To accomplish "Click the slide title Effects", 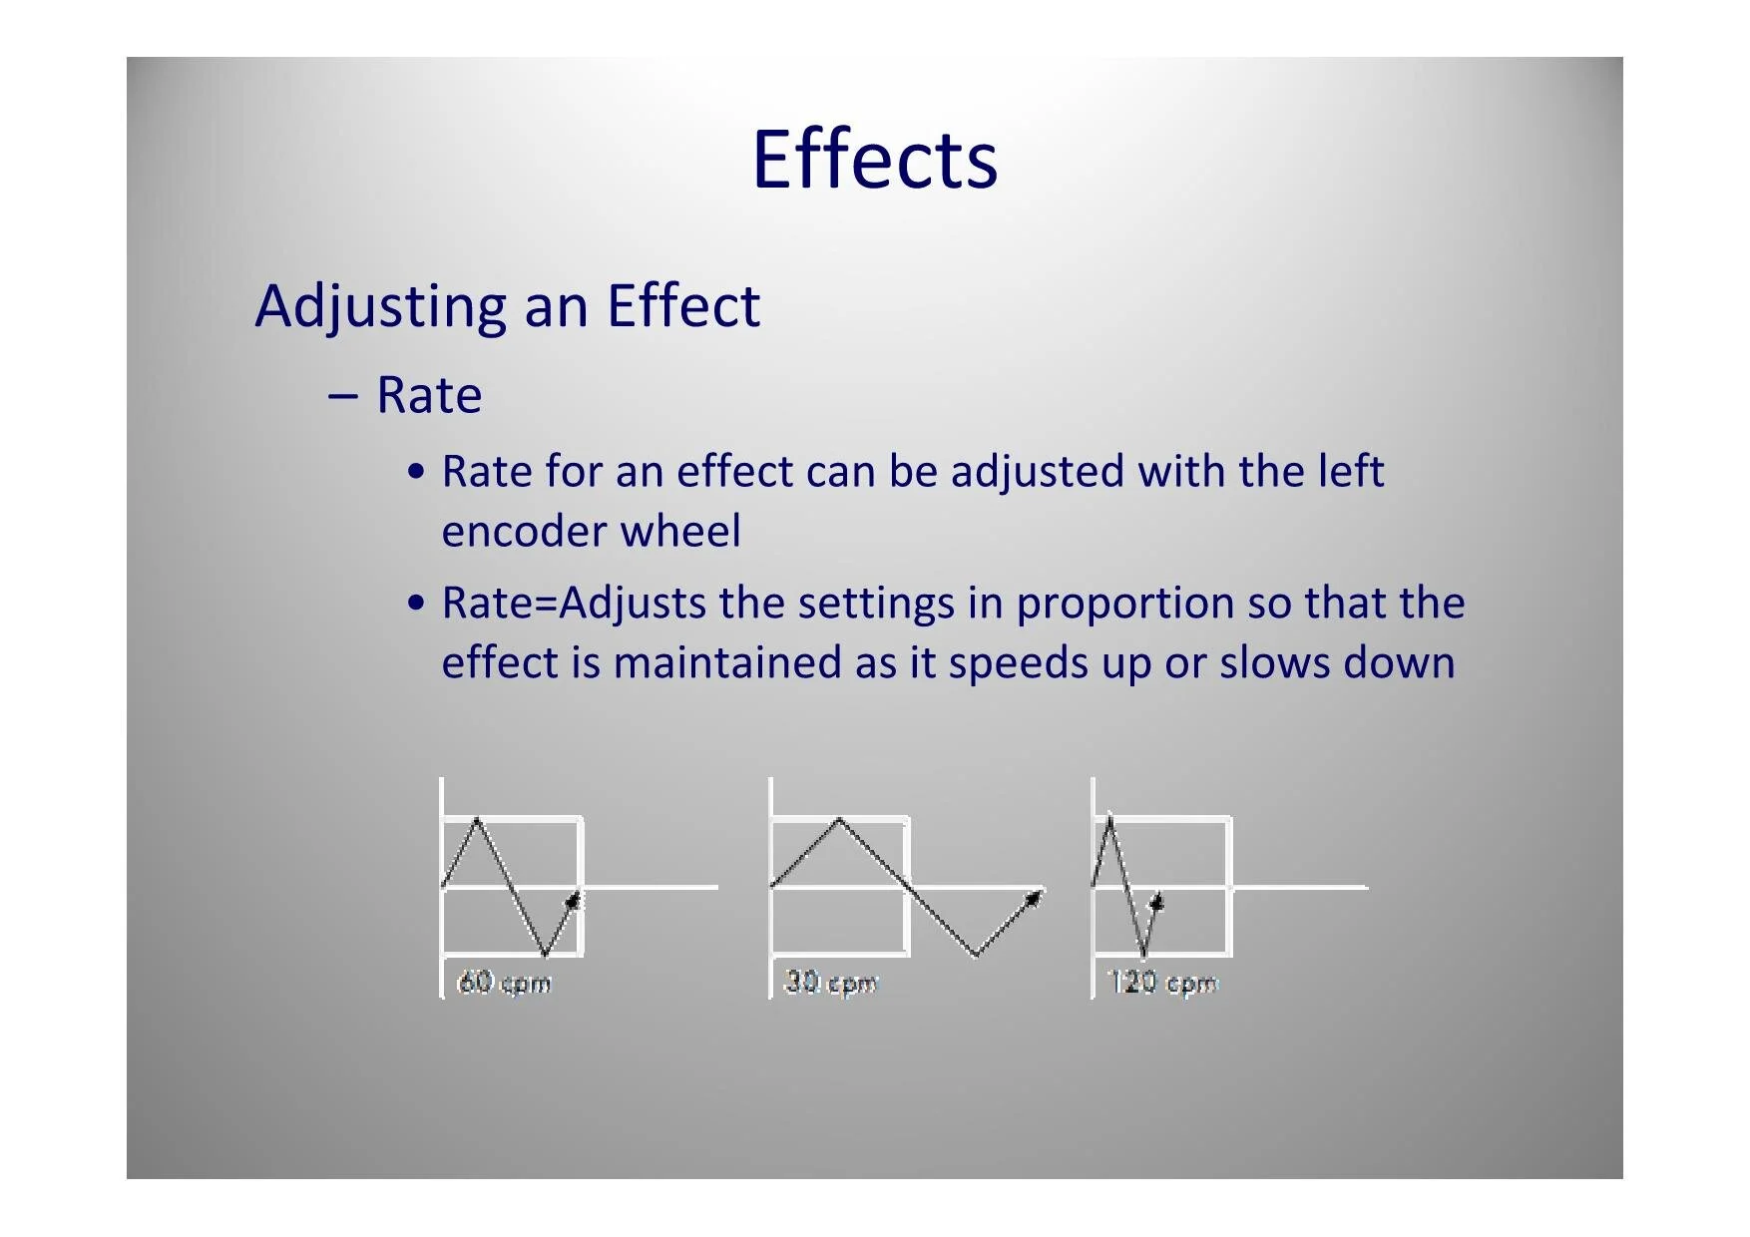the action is tap(874, 160).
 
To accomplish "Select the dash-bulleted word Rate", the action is tap(429, 395).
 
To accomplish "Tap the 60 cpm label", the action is tap(504, 983).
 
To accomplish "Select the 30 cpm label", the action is tap(831, 983).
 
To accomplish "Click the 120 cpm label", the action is tap(1163, 983).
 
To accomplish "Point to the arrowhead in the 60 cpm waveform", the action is tap(573, 900).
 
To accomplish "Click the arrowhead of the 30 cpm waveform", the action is tap(1034, 898).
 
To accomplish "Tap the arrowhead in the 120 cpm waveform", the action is tap(1156, 902).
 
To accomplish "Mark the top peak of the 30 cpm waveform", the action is tap(839, 819).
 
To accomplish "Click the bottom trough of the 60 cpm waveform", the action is tap(545, 955).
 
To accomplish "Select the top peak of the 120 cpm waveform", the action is tap(1109, 818).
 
